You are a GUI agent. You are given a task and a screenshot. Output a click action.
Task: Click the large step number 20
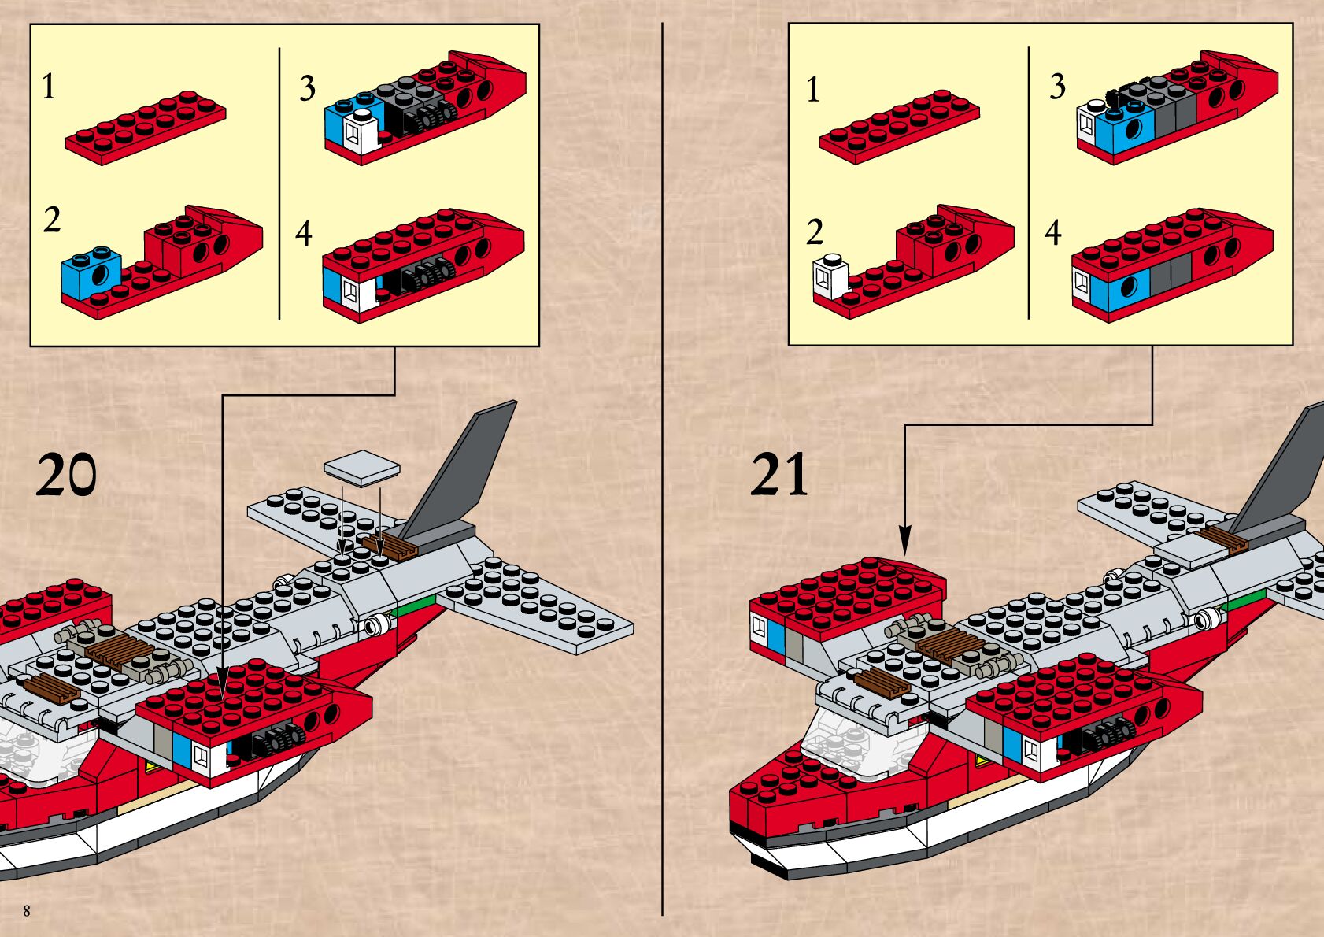point(66,476)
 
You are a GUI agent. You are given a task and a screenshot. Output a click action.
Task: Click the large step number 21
point(779,475)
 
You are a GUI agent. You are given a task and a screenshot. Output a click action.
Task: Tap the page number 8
point(27,911)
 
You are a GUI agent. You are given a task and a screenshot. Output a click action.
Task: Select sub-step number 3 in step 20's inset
point(307,88)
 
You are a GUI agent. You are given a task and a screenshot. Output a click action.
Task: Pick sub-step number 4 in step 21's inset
point(1053,232)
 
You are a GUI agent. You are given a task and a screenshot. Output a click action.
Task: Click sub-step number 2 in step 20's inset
point(52,220)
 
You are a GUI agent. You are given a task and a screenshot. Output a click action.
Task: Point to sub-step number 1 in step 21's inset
point(813,89)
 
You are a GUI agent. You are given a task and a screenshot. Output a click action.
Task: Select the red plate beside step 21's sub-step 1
point(899,126)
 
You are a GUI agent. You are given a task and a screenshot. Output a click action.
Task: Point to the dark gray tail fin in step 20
point(464,465)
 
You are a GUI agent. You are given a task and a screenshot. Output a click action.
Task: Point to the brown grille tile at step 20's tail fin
point(390,546)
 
